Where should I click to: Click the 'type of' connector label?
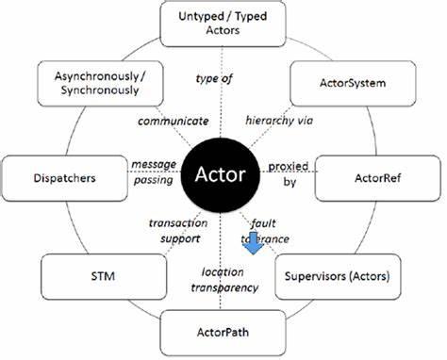(214, 78)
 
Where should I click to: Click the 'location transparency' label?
(223, 279)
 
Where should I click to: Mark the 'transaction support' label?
(174, 231)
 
